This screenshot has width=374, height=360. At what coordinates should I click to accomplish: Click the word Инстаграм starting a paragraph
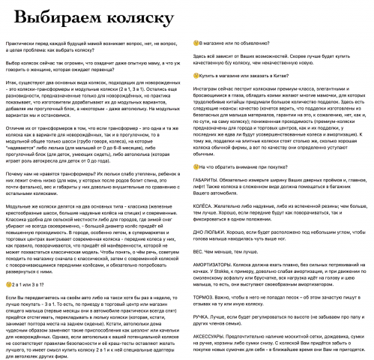click(x=210, y=110)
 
